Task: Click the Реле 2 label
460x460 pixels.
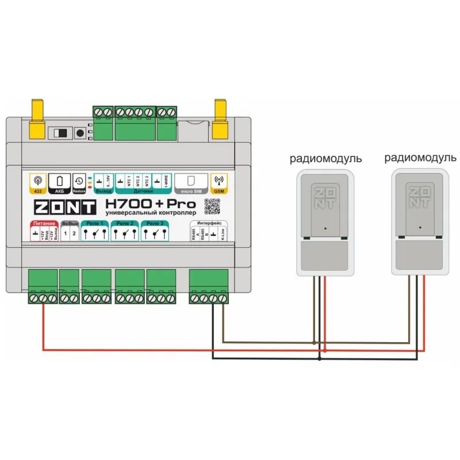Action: click(x=125, y=223)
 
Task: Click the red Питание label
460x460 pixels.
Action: click(x=44, y=223)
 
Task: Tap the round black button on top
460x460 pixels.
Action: click(x=80, y=133)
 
